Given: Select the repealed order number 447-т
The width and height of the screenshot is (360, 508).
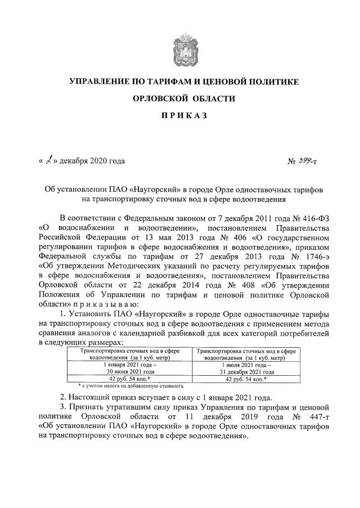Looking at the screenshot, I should coord(315,416).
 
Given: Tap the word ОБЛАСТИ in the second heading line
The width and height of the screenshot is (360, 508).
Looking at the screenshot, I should coord(212,99).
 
